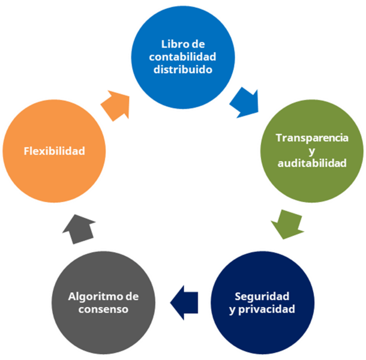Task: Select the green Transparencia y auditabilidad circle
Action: coord(311,150)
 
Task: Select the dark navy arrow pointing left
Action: coord(184,298)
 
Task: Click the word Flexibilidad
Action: coord(54,150)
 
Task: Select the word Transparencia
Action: coord(312,137)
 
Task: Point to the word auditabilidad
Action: coord(312,163)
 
